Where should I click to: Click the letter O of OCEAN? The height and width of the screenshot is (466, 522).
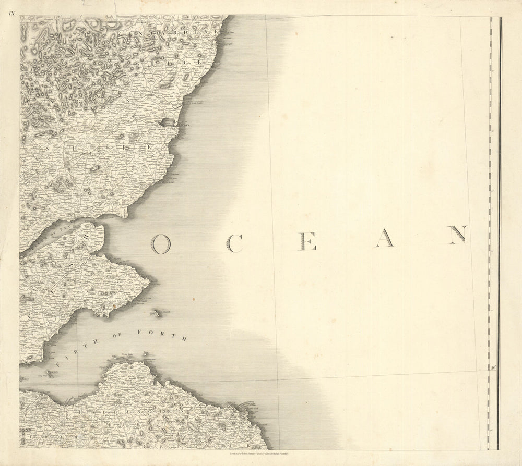click(x=161, y=243)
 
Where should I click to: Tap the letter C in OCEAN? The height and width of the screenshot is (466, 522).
click(x=234, y=243)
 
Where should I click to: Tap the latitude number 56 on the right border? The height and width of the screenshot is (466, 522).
click(x=493, y=367)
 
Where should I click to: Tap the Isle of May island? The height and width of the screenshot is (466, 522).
click(x=157, y=313)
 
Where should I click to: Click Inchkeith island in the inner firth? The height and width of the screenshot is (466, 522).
click(x=50, y=374)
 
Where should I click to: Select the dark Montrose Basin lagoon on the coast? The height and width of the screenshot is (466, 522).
click(x=167, y=122)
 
